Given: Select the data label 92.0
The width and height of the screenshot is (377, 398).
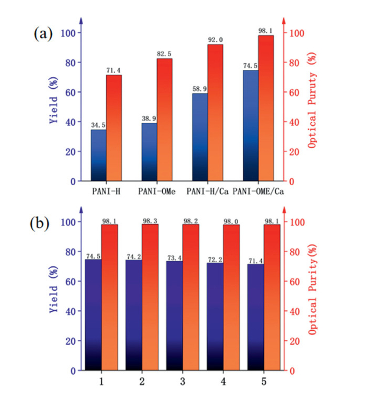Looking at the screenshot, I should click(215, 40).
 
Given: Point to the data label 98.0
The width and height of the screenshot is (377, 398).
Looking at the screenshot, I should click(232, 220).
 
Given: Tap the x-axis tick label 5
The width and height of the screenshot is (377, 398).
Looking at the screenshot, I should click(264, 382).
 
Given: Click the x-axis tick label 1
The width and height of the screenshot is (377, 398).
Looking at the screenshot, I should click(101, 382).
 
